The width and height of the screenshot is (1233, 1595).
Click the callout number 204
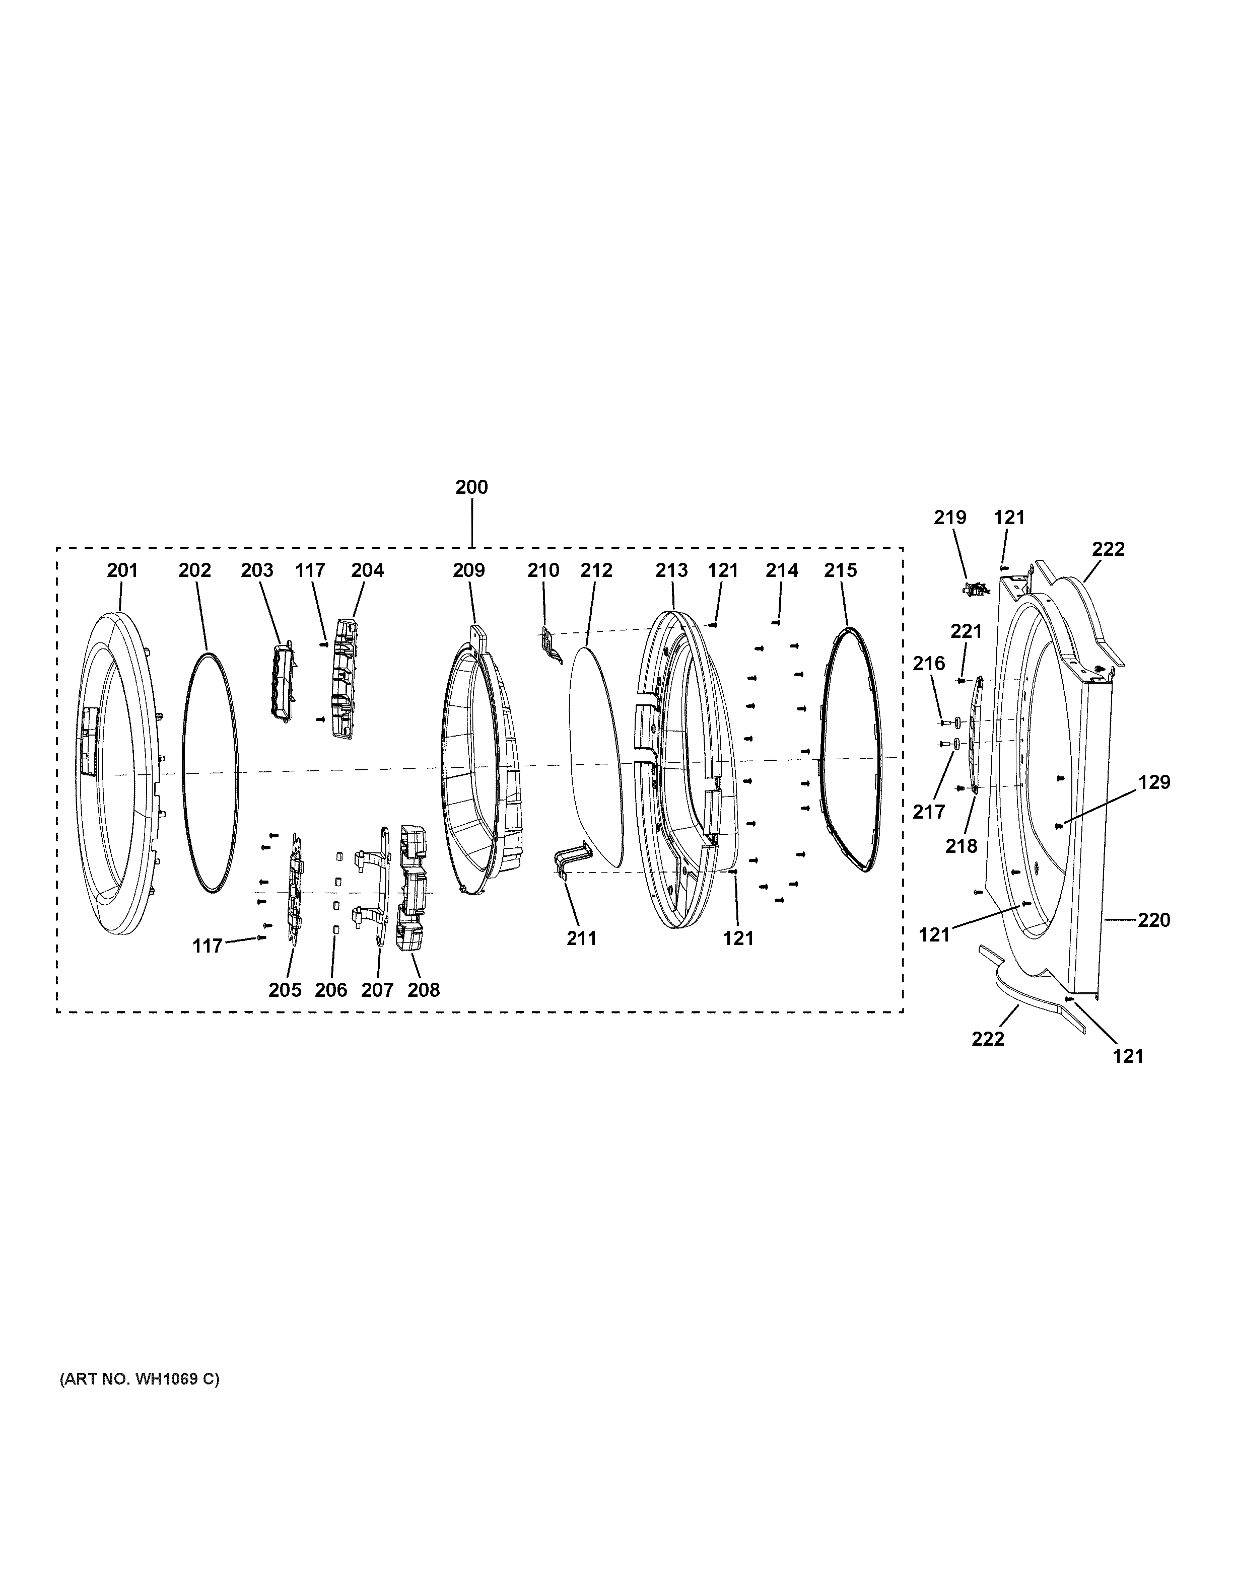tap(367, 570)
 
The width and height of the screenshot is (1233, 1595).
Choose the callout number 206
tap(331, 990)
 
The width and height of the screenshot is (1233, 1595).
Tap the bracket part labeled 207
tap(376, 884)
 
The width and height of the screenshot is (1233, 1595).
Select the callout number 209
tap(468, 570)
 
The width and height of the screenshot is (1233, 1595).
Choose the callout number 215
tap(840, 570)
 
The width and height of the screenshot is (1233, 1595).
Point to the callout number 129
tap(1154, 782)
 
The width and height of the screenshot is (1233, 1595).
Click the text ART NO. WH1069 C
tap(139, 1380)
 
